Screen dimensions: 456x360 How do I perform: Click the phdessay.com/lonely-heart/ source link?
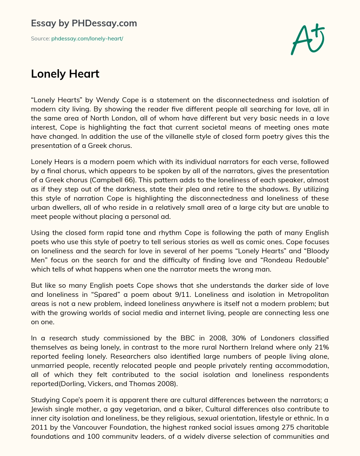pos(87,39)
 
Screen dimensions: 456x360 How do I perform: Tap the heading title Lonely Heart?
pos(65,74)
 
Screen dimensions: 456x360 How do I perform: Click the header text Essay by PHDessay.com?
pos(84,24)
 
